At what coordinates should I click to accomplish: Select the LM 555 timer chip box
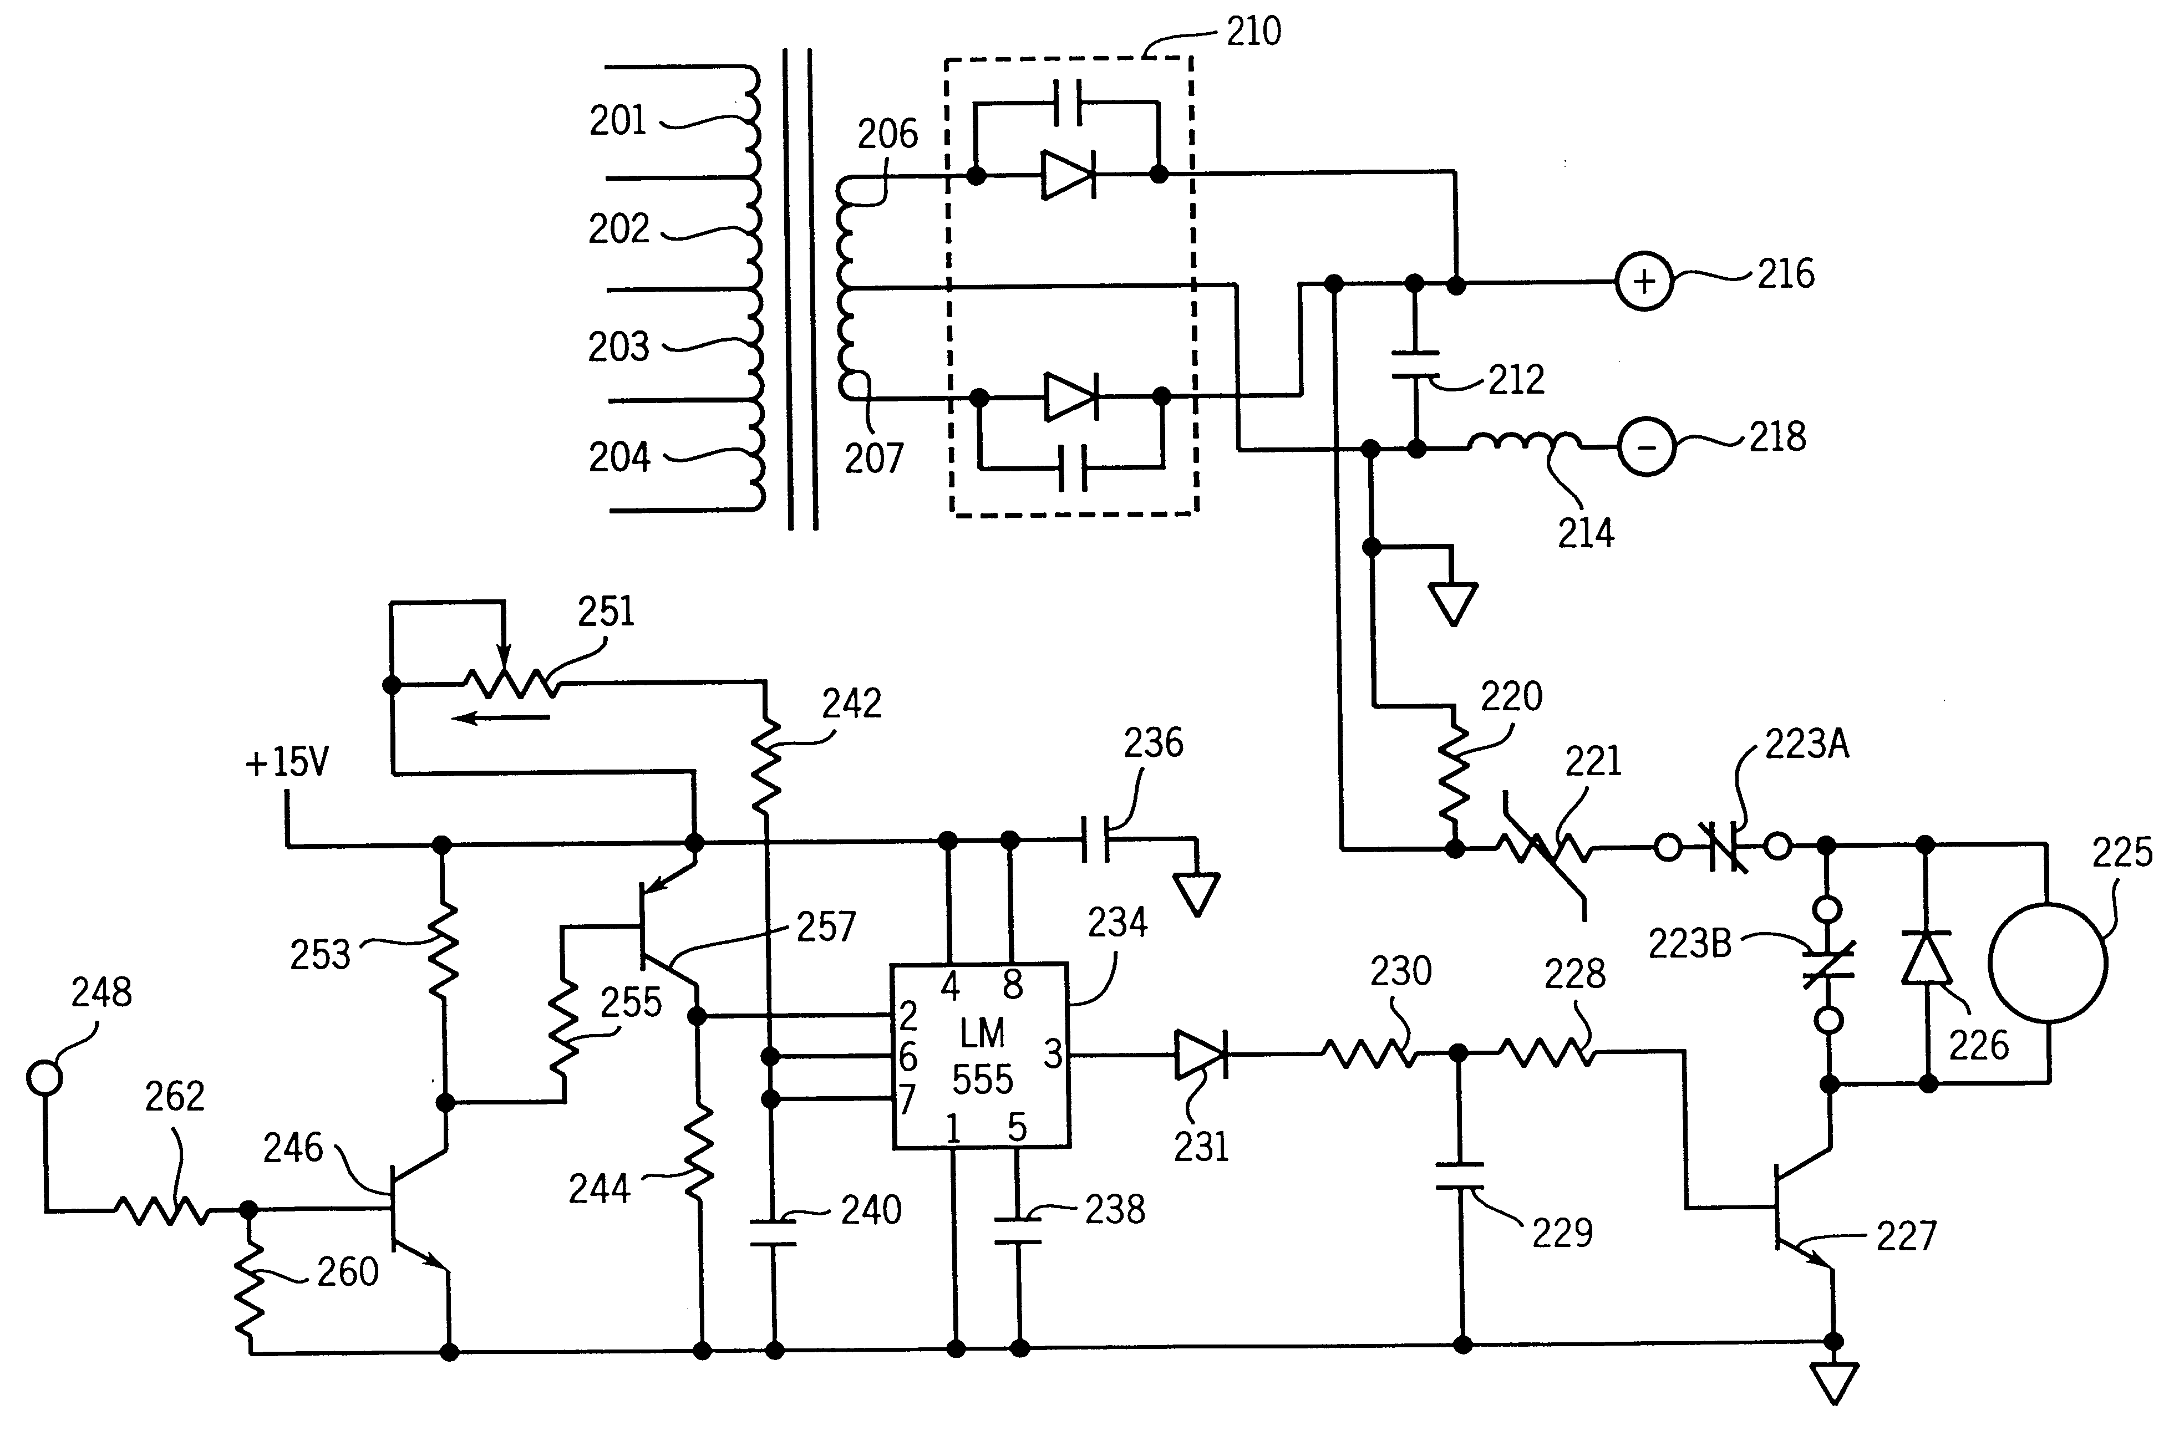pyautogui.click(x=981, y=1055)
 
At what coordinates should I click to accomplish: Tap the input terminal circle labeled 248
pyautogui.click(x=44, y=1077)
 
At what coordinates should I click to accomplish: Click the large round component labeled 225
pyautogui.click(x=2048, y=963)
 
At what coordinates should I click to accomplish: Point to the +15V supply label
pyautogui.click(x=287, y=762)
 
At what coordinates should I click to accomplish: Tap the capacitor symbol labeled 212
pyautogui.click(x=1415, y=364)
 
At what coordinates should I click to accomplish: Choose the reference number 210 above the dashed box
pyautogui.click(x=1253, y=32)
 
